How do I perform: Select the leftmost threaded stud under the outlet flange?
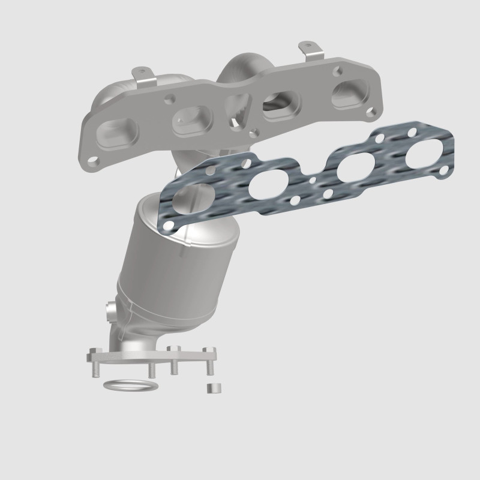(x=96, y=369)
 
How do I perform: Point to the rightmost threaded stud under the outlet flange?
(x=212, y=368)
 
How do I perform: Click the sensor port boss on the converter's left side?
(x=110, y=312)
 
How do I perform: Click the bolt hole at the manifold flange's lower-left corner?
(x=94, y=160)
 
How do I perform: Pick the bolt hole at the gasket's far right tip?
(x=443, y=172)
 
